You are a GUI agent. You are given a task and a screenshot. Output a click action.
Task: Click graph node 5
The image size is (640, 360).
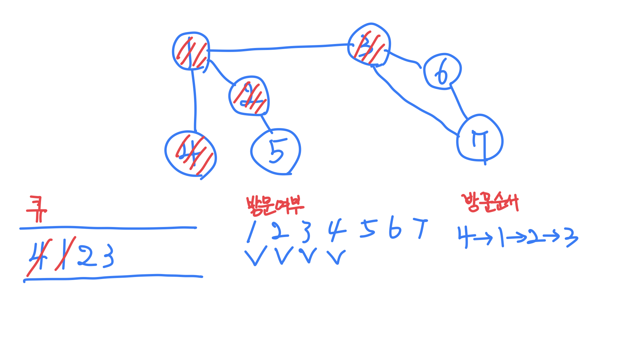point(276,152)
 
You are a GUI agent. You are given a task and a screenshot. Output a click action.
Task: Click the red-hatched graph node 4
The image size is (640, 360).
point(191,154)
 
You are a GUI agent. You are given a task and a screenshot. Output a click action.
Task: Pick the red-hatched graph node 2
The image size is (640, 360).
point(249,96)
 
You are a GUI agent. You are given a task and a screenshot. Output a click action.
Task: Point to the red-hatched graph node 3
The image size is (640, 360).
point(369,45)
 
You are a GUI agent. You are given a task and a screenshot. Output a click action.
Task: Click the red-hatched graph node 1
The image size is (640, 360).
point(191,51)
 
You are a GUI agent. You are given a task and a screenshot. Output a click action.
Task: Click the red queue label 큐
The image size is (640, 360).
point(37,209)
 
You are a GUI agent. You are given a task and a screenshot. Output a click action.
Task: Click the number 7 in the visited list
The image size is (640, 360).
point(421,228)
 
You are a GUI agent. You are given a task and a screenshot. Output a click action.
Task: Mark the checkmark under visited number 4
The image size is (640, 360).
point(337,257)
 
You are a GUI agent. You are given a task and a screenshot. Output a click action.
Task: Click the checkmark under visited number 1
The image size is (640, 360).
point(256,256)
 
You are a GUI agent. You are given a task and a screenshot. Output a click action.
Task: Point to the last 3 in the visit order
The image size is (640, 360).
point(571,237)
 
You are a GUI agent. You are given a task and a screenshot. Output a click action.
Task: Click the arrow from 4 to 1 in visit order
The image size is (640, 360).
point(483,238)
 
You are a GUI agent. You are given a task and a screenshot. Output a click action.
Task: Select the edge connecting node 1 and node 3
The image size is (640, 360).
point(278,49)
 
